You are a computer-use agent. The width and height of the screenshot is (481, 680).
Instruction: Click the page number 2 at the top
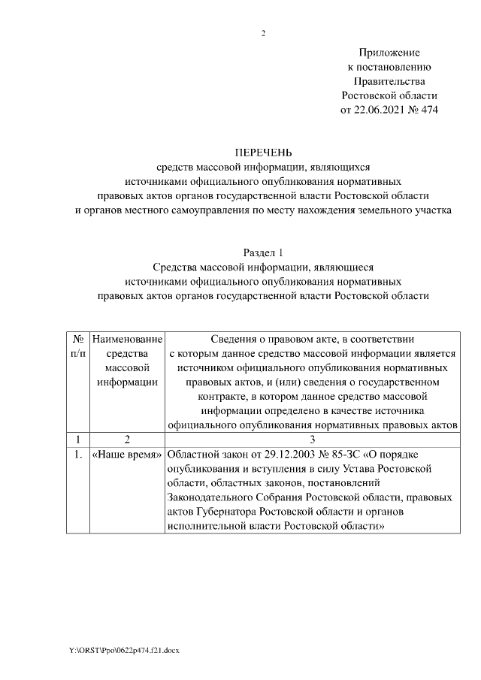263,34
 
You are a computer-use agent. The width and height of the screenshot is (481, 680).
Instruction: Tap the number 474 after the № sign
426,110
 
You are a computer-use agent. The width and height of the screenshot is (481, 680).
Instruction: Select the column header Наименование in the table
127,340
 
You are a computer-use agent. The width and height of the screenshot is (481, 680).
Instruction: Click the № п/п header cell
77,346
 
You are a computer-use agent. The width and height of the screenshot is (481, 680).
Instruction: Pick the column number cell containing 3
312,440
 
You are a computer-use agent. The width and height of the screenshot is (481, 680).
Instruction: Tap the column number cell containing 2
127,440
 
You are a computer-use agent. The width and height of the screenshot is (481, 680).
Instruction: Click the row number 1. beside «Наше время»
77,455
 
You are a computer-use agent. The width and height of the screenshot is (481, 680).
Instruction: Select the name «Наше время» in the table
127,455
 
